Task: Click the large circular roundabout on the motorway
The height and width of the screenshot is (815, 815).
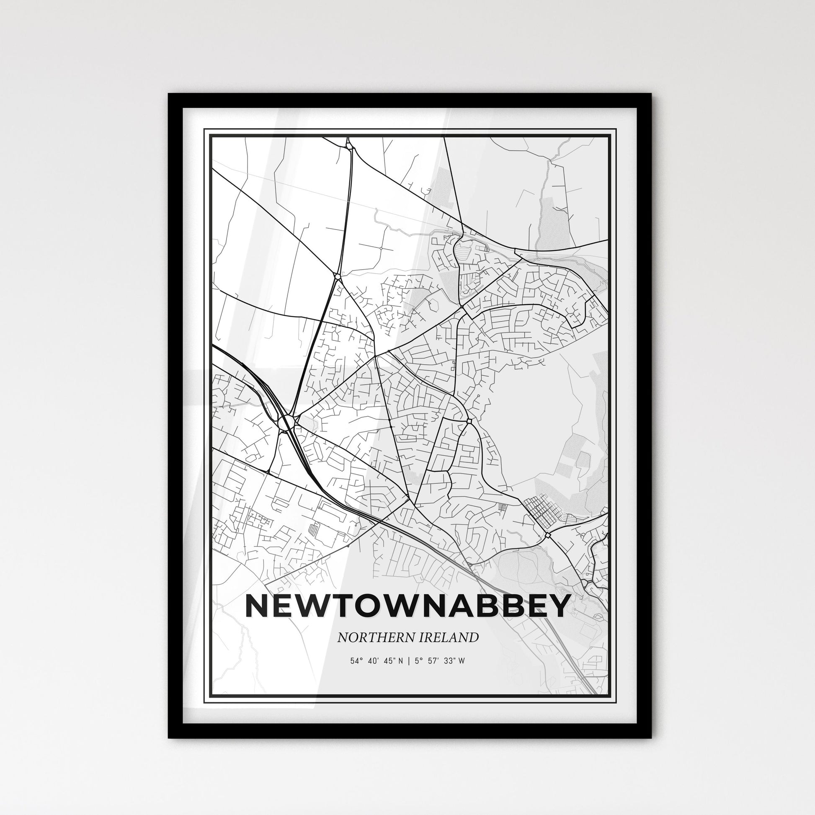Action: (286, 421)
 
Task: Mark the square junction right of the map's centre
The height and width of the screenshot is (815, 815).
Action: (469, 420)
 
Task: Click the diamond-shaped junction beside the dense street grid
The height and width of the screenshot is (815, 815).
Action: (547, 535)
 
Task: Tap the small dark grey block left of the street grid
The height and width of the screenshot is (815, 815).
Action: (502, 507)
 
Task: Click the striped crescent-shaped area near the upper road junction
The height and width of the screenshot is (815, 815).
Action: (463, 253)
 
